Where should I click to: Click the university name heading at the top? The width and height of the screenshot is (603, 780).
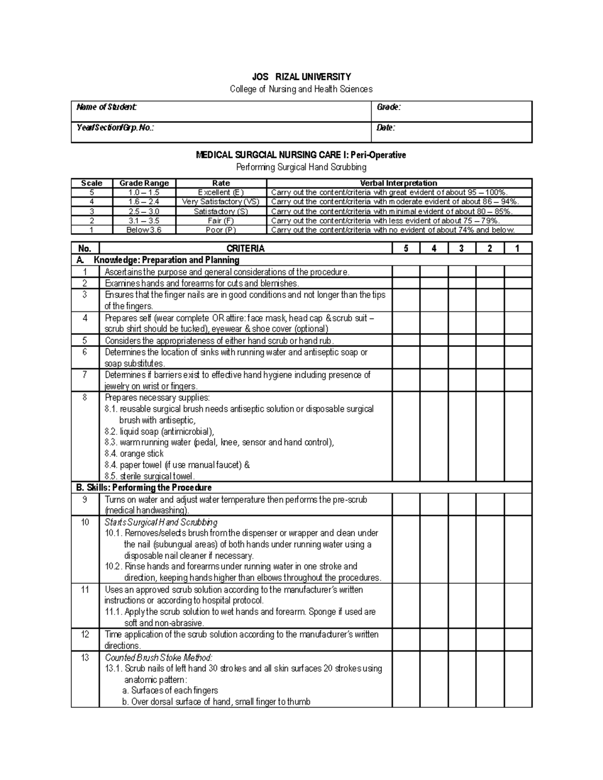[x=301, y=77]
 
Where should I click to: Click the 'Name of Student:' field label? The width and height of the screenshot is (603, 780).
[x=107, y=107]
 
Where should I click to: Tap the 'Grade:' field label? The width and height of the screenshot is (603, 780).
[x=388, y=107]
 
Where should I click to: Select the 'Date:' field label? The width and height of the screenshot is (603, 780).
[x=386, y=128]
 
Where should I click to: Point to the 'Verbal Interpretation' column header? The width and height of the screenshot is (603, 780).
[x=398, y=183]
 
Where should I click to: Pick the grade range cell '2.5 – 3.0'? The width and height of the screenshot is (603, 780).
[x=144, y=211]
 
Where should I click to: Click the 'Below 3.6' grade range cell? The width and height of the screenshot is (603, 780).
[x=144, y=230]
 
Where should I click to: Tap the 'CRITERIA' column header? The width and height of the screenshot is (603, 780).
[x=245, y=248]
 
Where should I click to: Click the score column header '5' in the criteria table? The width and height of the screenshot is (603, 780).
[x=406, y=248]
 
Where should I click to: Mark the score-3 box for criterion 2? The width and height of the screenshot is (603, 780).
[x=462, y=283]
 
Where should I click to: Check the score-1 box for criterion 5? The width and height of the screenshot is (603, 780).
[x=518, y=340]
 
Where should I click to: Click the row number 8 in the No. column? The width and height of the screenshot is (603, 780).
[x=85, y=397]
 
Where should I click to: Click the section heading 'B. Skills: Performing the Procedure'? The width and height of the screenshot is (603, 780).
[x=144, y=488]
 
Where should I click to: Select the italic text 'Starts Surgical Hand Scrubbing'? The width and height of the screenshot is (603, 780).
[x=161, y=522]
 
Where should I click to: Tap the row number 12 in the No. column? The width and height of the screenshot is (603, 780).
[x=85, y=634]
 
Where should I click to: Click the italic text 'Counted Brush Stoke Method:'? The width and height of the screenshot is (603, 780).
[x=159, y=657]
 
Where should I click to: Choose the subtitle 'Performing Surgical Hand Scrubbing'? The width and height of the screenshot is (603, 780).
[x=301, y=167]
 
